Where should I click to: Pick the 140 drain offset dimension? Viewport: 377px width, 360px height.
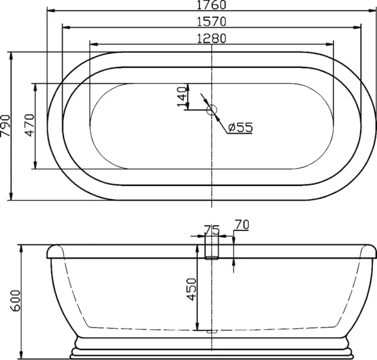[181, 97]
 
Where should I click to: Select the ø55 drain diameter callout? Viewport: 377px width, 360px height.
[240, 127]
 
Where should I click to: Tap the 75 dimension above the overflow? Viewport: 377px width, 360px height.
[212, 230]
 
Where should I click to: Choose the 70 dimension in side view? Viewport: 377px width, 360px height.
[242, 224]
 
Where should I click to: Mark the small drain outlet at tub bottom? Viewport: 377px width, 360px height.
[212, 331]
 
